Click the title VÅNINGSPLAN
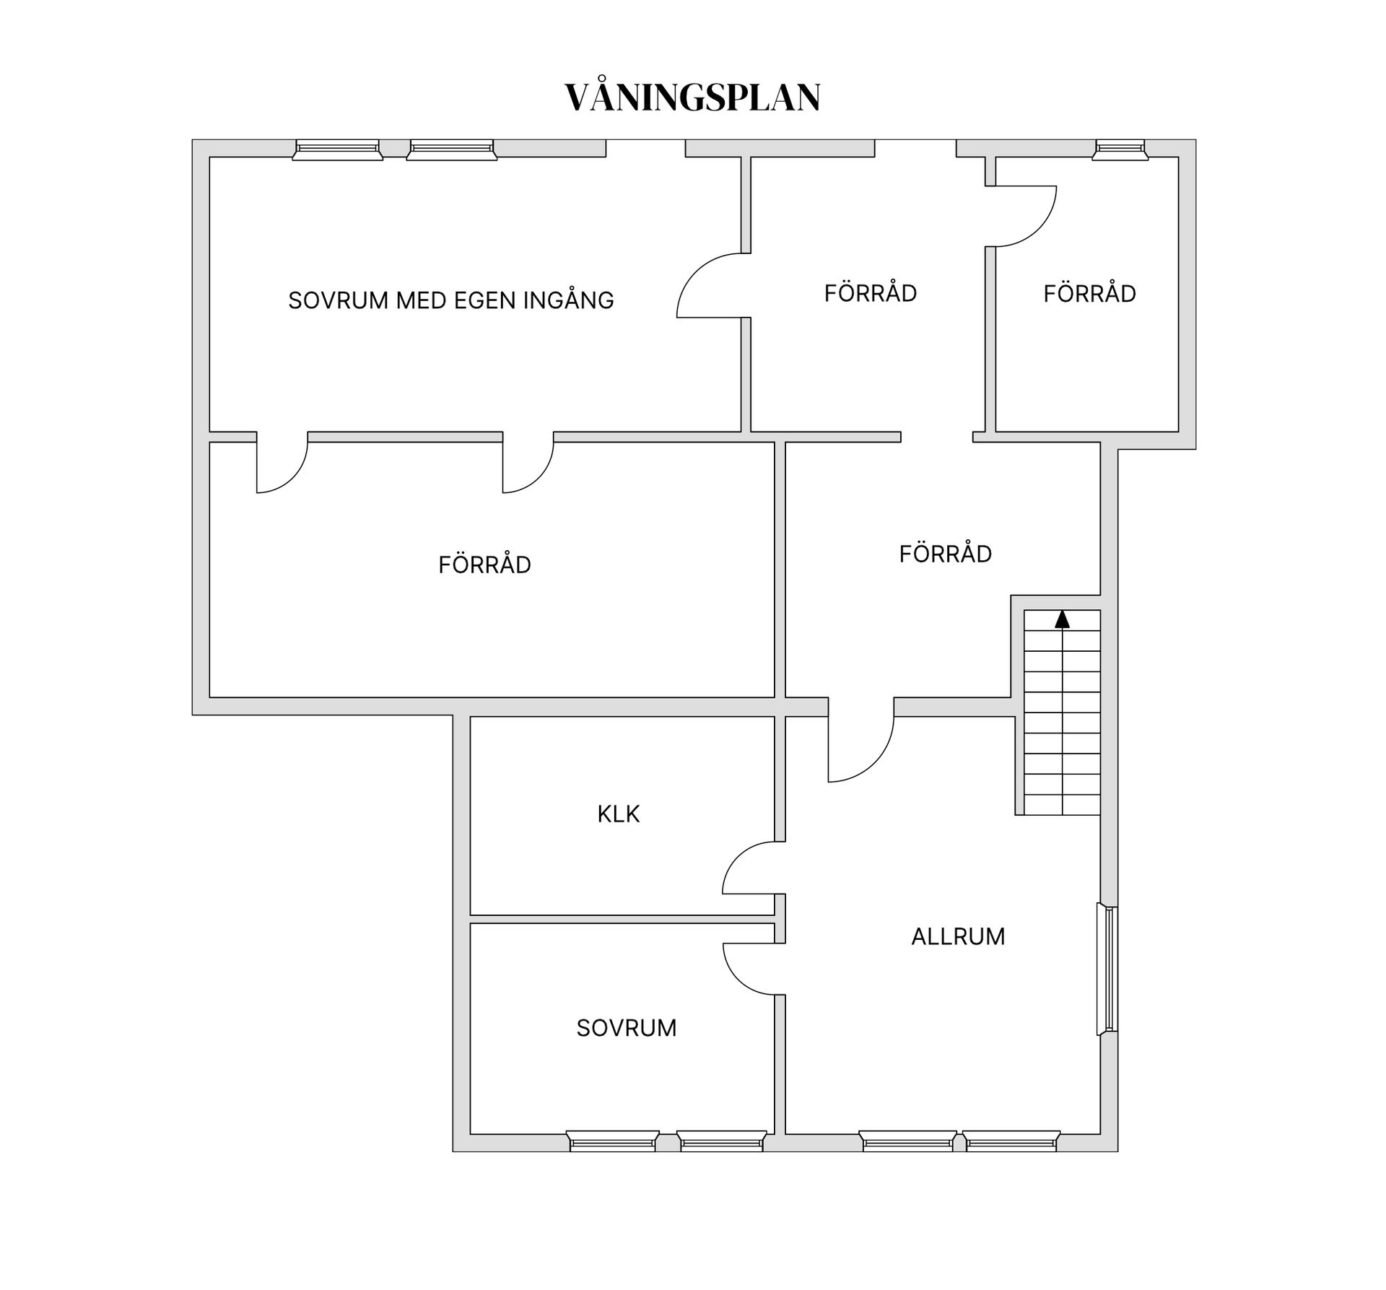point(692,97)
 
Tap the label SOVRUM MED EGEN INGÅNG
point(450,300)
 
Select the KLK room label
point(618,814)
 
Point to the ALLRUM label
point(958,937)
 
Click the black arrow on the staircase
point(1062,619)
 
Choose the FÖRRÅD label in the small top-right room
point(1089,294)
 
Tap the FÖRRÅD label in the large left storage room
point(484,565)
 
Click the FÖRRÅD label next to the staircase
point(945,554)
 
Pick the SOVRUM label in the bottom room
point(626,1028)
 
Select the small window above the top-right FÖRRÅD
point(1120,149)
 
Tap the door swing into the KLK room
point(751,868)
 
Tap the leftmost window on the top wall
point(337,149)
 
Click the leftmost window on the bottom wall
point(612,1141)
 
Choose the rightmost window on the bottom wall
point(1011,1141)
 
